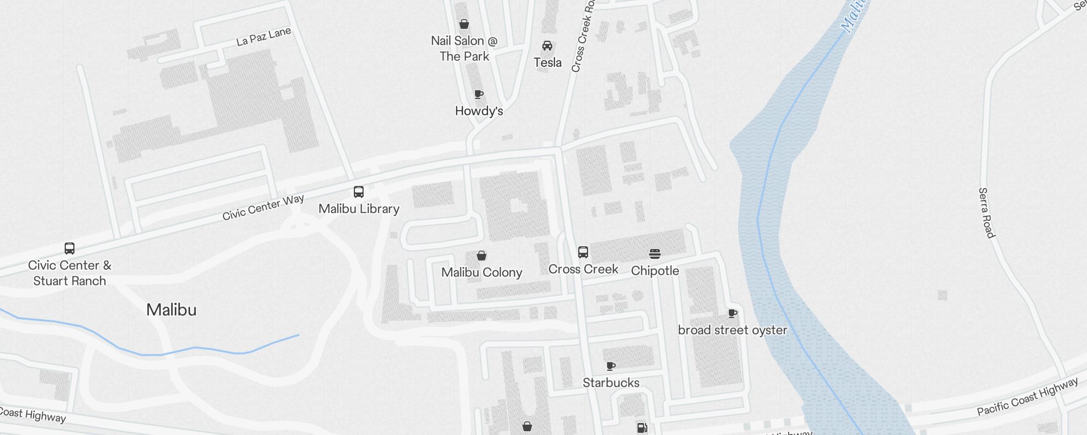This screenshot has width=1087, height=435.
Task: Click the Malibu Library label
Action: point(359,209)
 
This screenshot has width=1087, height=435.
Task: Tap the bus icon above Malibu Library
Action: point(359,192)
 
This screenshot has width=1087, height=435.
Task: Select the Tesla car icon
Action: point(547,46)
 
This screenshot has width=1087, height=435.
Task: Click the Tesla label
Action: point(547,63)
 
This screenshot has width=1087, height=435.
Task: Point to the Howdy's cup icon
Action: point(479,95)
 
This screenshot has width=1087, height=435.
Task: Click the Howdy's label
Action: point(479,111)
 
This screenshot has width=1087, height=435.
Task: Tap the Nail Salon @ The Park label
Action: point(464,48)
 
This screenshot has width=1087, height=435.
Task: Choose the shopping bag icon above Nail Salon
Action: point(464,24)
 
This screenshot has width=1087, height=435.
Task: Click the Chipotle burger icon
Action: point(655,253)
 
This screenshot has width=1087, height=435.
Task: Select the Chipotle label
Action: point(655,271)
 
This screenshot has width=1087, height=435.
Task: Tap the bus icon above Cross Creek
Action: point(583,252)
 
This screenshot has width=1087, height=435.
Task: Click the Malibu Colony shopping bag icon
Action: point(482,256)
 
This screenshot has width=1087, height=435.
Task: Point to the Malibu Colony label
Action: point(482,272)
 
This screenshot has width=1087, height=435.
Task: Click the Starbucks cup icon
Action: point(611,366)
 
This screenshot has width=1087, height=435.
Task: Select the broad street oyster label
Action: point(733,330)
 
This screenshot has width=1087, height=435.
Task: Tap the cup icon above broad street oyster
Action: point(733,313)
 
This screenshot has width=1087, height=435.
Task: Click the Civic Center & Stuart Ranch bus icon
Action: point(70,248)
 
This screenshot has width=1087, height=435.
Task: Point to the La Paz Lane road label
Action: point(264,36)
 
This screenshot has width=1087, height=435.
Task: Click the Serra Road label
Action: point(986,213)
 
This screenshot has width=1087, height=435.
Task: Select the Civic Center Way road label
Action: point(263,207)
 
